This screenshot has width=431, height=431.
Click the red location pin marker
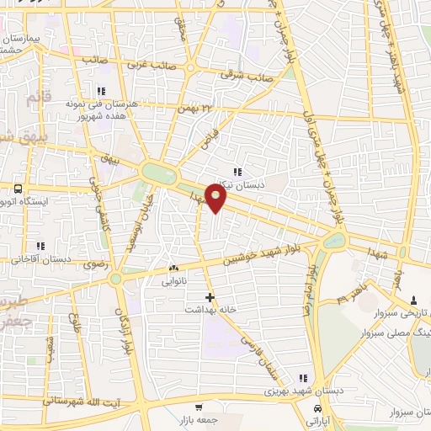217,199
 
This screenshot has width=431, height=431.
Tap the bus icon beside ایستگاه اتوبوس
18,188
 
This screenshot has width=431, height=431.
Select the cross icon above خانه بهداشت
210,297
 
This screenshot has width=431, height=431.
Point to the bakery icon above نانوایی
173,269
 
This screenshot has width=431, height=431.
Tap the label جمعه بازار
199,418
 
